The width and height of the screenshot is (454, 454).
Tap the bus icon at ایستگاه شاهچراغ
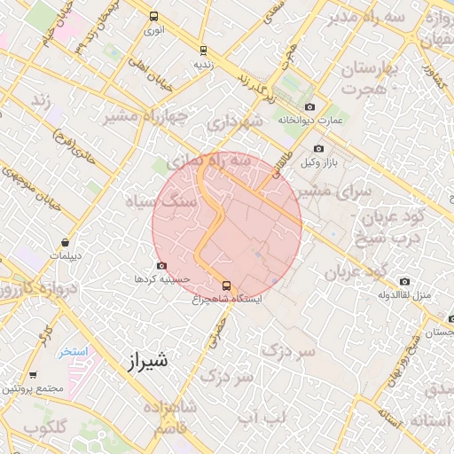coord(226,286)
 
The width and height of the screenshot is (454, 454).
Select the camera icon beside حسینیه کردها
coord(160,265)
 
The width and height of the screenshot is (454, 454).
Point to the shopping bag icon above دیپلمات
coord(66,242)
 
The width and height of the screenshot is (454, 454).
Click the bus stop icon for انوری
coord(154,16)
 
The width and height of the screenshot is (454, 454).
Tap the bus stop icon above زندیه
coord(204,51)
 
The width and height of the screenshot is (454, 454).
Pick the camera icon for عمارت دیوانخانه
coord(309,106)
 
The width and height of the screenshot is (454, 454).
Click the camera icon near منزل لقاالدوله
coord(404,282)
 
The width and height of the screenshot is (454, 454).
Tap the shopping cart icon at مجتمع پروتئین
coord(34,375)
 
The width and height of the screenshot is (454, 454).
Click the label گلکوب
coord(46,427)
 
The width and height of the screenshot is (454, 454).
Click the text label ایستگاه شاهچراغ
coord(227,299)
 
